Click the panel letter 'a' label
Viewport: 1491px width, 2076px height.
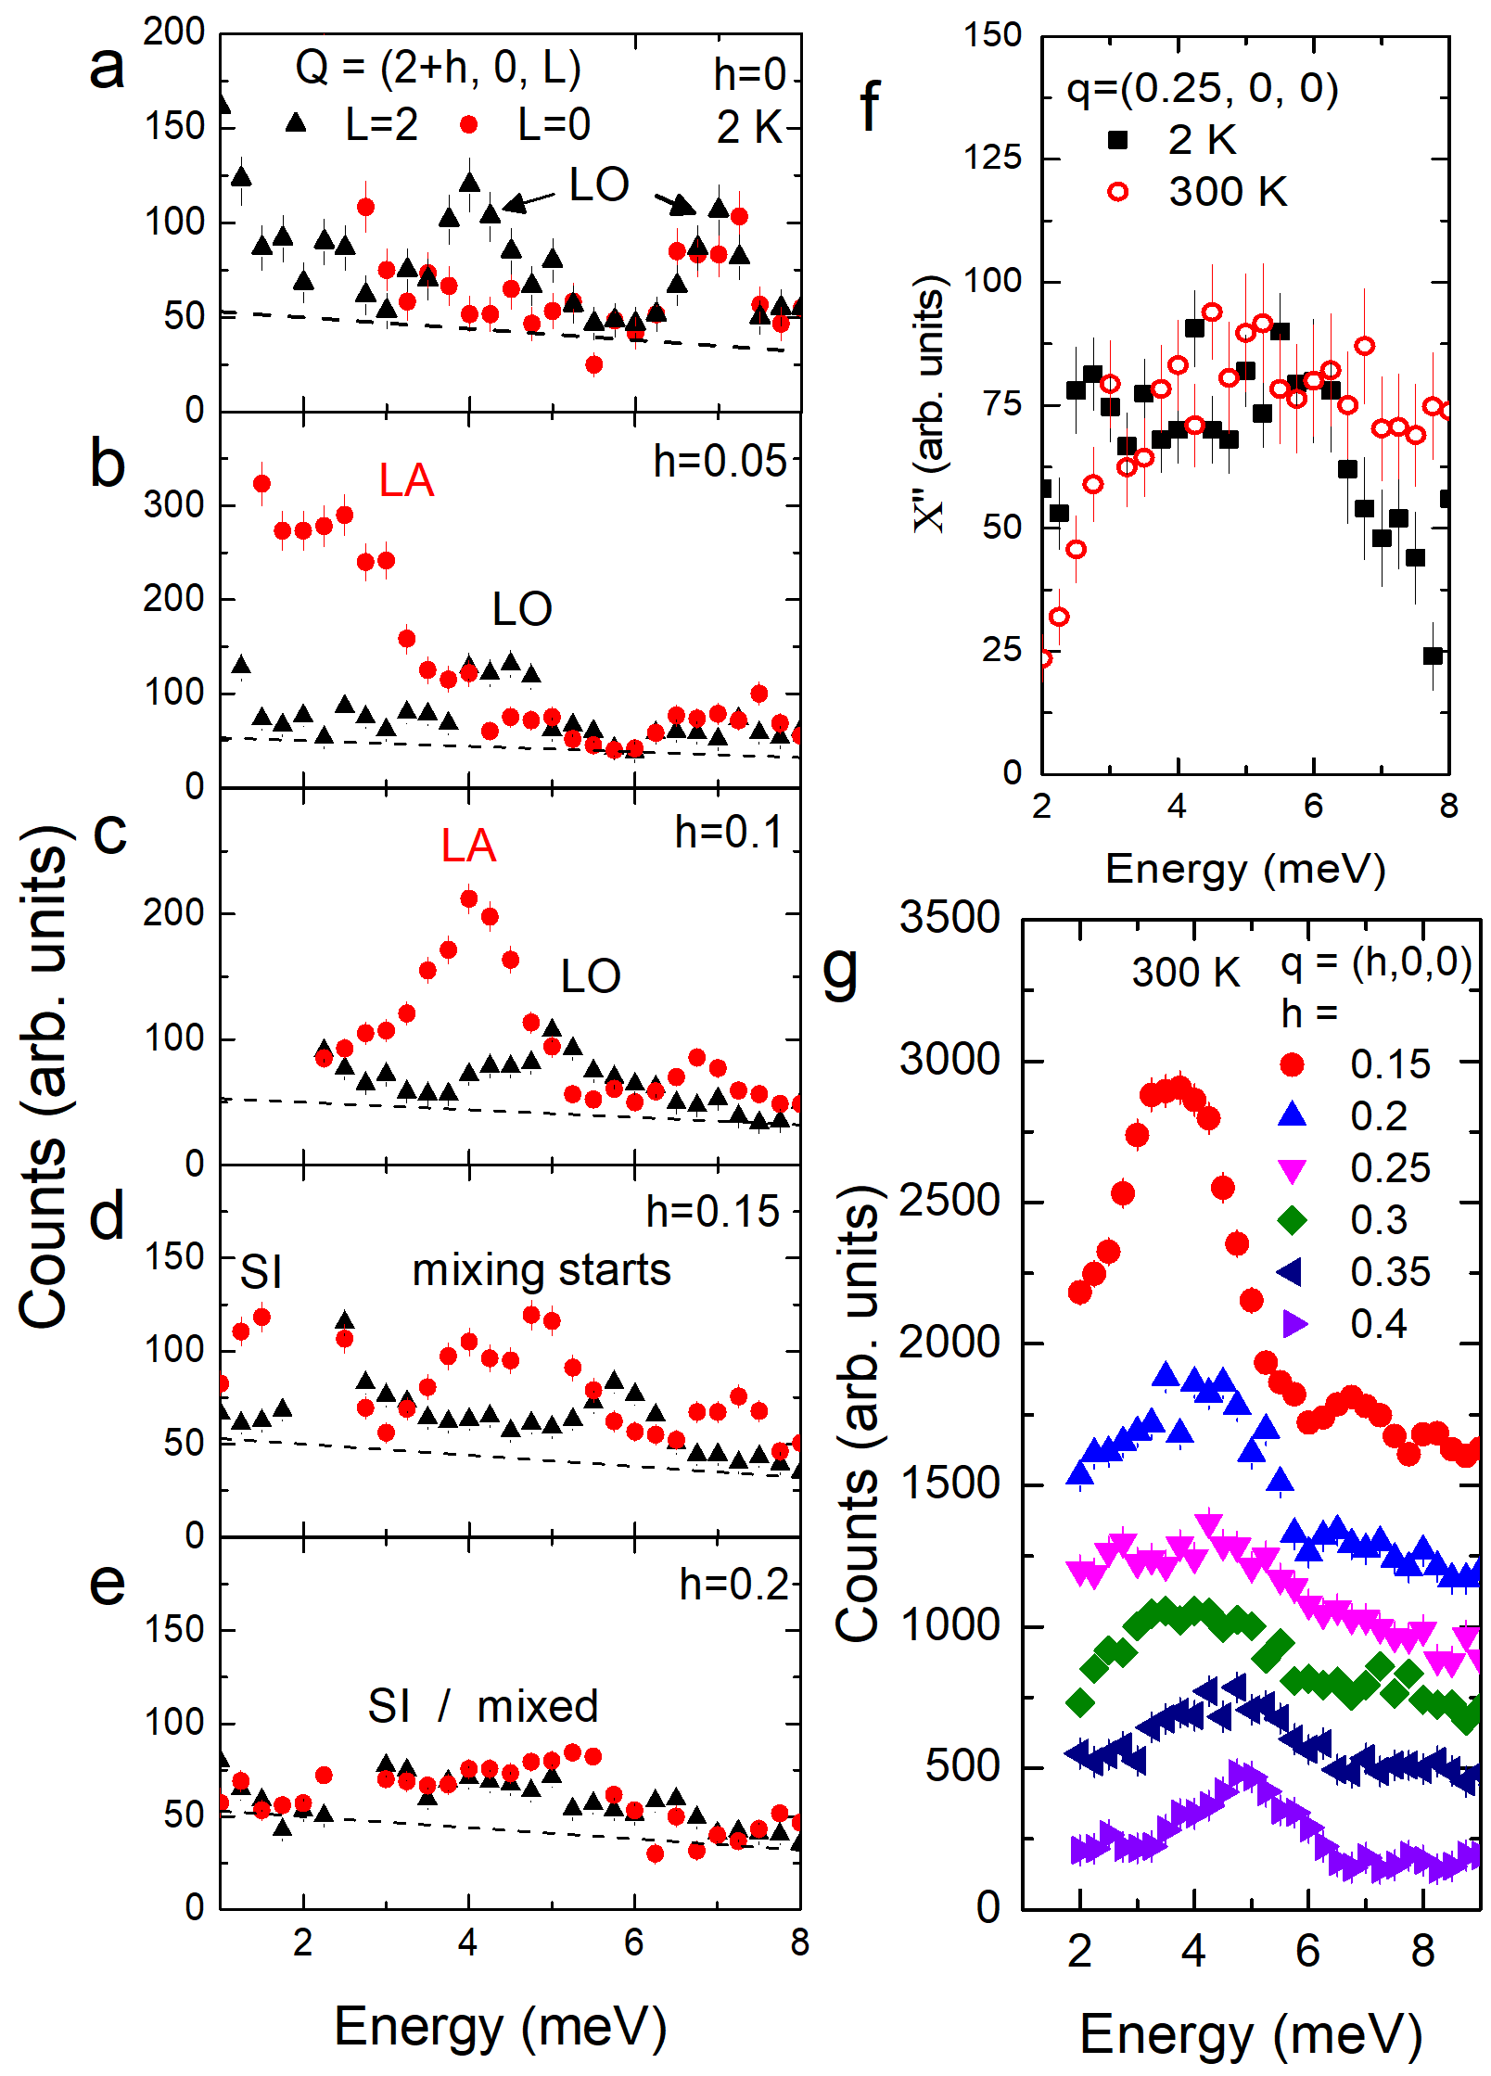tap(107, 67)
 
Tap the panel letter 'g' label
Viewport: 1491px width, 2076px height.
tap(841, 971)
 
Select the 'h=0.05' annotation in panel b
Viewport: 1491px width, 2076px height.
tap(720, 461)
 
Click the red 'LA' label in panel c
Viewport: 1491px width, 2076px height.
tap(468, 846)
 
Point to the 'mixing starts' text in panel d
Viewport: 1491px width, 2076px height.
tap(542, 1269)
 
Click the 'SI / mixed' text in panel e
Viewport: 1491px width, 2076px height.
tap(483, 1706)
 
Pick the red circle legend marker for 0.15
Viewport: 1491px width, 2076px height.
tap(1292, 1064)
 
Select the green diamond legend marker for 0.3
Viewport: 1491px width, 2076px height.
tap(1292, 1220)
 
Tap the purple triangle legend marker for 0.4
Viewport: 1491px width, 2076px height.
tap(1293, 1324)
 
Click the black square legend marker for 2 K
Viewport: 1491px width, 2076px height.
tap(1118, 140)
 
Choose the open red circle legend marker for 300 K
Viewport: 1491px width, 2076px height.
tap(1118, 192)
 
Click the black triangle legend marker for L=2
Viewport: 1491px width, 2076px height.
tap(296, 122)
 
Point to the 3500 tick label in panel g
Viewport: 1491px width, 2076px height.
tap(949, 917)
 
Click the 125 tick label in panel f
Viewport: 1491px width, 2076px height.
tap(992, 158)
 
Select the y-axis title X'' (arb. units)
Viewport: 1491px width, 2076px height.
tap(928, 404)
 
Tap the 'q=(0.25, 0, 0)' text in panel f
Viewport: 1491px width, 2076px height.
tap(1203, 88)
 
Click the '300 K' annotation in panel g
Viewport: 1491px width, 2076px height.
tap(1186, 972)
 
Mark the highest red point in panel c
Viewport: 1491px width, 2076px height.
tap(469, 898)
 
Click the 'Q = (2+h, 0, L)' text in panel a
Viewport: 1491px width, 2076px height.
tap(438, 67)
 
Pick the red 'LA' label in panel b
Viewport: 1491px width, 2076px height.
tap(406, 480)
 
